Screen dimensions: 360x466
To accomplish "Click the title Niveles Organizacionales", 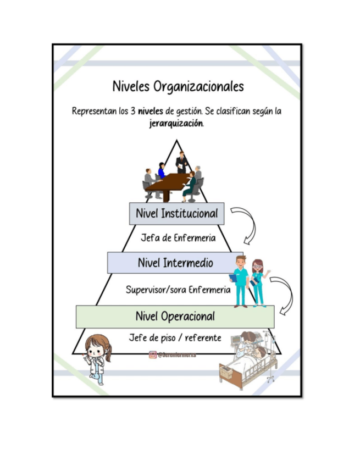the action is coord(178,87).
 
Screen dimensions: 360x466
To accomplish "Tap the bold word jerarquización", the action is coord(176,123).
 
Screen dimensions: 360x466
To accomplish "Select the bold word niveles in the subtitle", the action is coord(150,111).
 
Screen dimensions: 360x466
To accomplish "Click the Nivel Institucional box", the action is coord(176,214).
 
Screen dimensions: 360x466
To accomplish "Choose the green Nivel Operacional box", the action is coord(175,317).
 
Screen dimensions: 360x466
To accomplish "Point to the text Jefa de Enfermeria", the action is coord(178,238).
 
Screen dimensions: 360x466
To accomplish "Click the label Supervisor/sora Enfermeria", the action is coord(178,289).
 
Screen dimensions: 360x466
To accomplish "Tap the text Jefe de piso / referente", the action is coord(175,338).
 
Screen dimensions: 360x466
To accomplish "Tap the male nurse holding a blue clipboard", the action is coord(240,281).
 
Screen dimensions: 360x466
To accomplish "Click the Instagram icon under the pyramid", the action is coord(153,355).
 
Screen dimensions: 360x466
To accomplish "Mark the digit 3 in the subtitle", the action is coord(133,111).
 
